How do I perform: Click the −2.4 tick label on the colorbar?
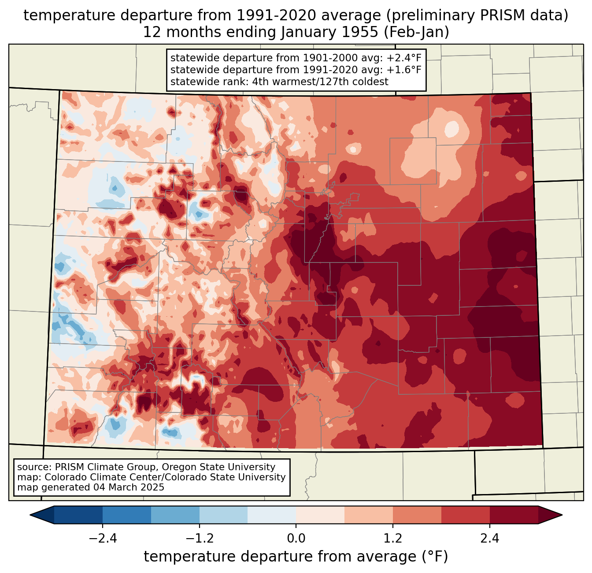[103, 539]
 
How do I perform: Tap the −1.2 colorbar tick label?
[199, 539]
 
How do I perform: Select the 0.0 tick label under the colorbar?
[296, 539]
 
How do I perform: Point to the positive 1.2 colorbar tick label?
[393, 539]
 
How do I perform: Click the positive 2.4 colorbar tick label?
[490, 539]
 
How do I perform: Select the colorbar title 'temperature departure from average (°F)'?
[296, 557]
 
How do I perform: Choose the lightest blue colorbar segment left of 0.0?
[272, 515]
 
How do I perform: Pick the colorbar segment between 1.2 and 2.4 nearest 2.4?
[466, 515]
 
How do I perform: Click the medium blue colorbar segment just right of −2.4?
[127, 515]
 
